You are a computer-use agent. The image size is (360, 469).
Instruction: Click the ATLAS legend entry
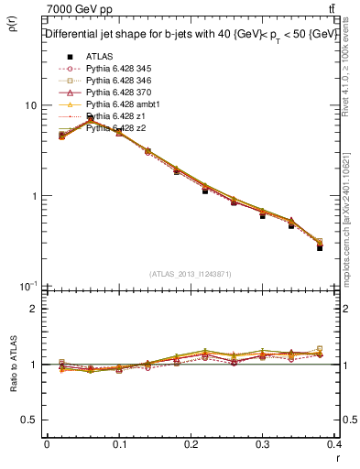coord(98,56)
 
